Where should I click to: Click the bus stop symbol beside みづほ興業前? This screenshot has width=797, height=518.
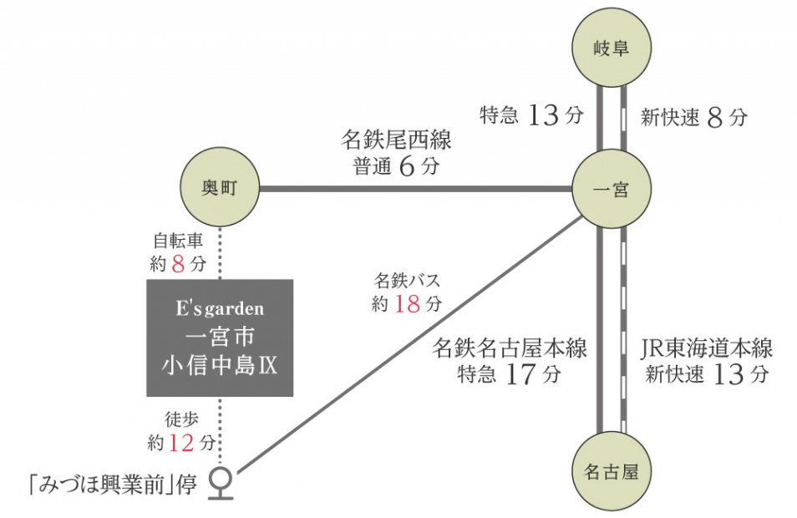coord(221,482)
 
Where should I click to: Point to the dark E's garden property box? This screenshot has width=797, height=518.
coord(221,337)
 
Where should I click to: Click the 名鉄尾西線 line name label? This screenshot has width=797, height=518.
coord(396,140)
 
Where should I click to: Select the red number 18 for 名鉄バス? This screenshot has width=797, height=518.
coord(407,304)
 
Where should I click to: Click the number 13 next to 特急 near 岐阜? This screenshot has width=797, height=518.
coord(543,116)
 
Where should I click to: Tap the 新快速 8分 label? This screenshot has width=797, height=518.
coord(693,118)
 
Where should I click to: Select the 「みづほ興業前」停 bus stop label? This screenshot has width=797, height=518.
coord(112,485)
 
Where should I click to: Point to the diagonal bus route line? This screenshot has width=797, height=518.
coord(401,339)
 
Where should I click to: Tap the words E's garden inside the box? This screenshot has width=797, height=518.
coord(220,309)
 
